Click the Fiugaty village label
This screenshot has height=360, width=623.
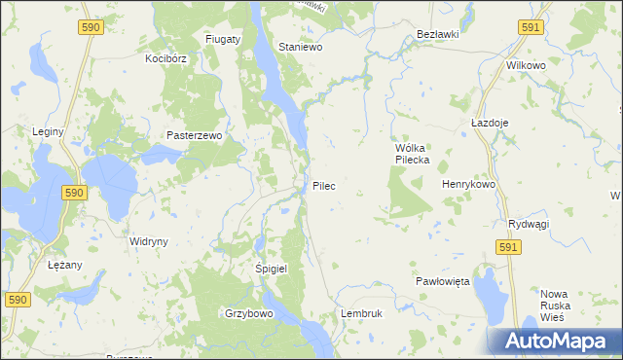pos(223,39)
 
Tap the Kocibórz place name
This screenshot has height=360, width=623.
pos(165,58)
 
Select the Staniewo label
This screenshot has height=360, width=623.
pos(301,46)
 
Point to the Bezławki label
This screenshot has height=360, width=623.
pos(437,33)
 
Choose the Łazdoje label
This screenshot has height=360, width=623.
pos(491,124)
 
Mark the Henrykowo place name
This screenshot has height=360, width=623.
pos(469,184)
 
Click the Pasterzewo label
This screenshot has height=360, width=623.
pos(195,135)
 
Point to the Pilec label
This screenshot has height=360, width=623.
pos(325,185)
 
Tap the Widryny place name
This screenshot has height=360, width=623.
pos(149,240)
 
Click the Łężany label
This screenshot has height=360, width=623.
pos(49,264)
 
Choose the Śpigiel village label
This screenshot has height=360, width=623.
pos(271,268)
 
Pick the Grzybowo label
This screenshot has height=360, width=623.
pos(248,314)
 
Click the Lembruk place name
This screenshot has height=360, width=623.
pos(362,314)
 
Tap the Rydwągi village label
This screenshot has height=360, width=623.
pos(529,224)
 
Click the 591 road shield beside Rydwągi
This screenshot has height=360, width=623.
pos(507,248)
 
